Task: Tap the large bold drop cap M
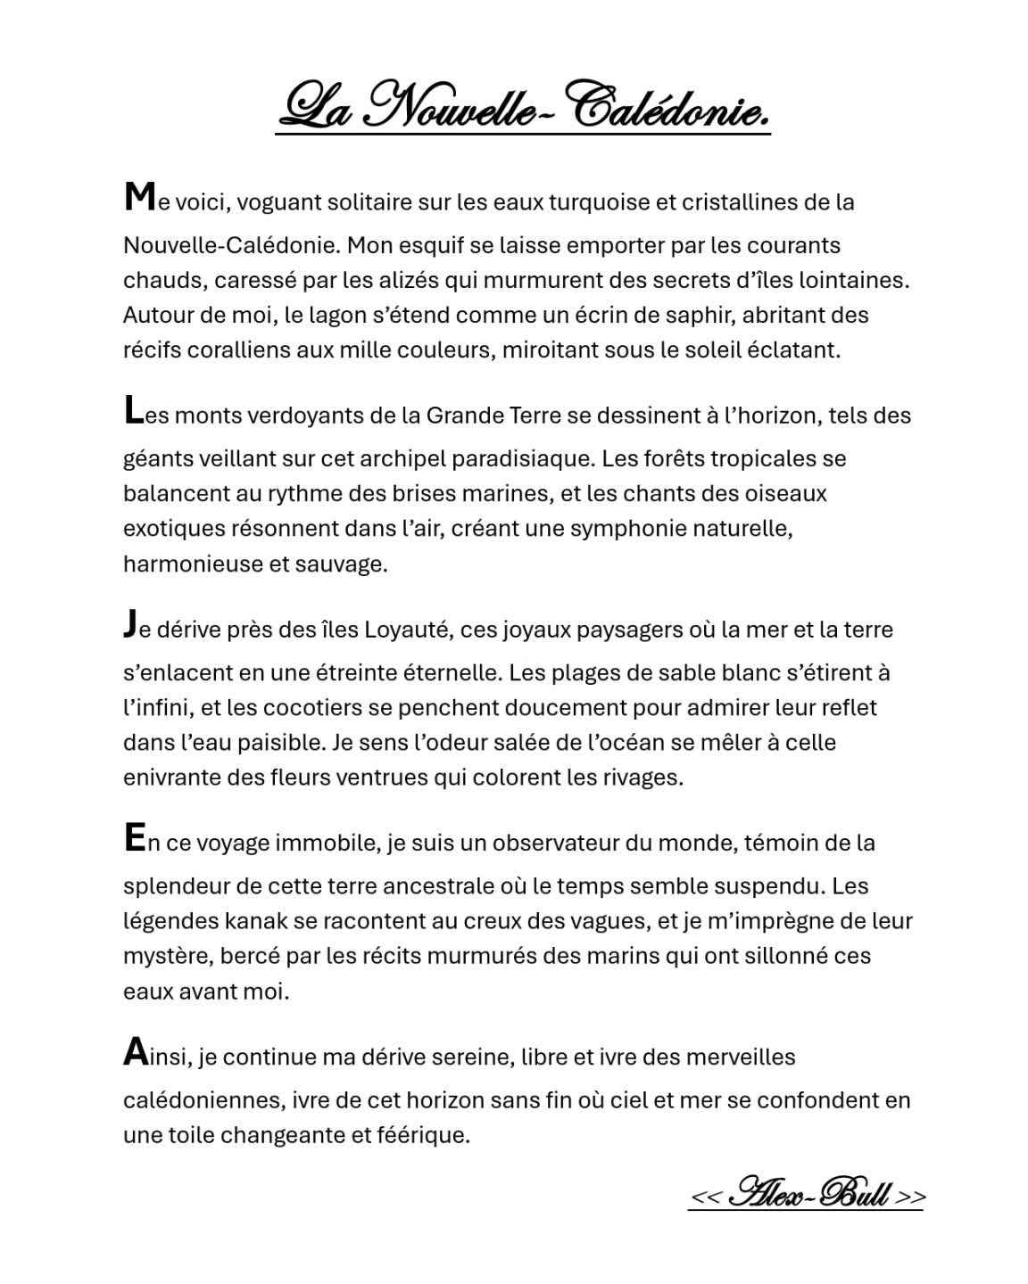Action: tap(139, 196)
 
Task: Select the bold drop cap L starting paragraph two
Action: tap(133, 410)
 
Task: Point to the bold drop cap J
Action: tap(130, 624)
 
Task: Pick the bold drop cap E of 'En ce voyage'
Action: tap(134, 838)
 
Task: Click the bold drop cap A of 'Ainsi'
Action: tap(135, 1051)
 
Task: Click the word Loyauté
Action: tap(406, 630)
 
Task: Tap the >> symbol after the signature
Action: tap(910, 1196)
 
